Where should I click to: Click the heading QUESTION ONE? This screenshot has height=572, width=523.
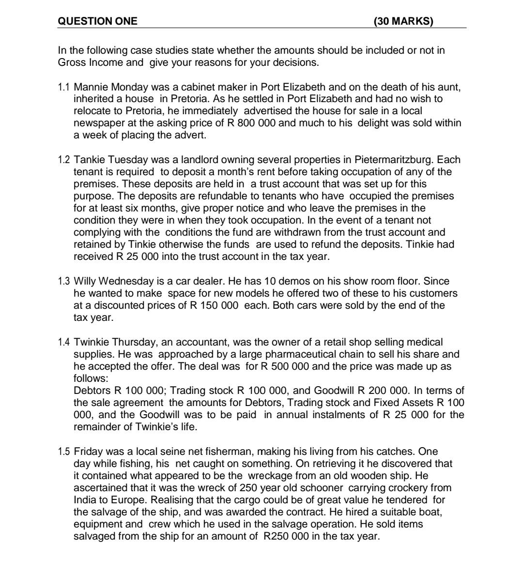click(x=97, y=21)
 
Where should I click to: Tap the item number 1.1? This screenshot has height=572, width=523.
click(x=64, y=88)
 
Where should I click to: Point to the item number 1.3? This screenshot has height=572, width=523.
click(x=64, y=282)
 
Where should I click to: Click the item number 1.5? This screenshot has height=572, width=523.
click(x=64, y=452)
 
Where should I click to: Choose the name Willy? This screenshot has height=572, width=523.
click(x=86, y=282)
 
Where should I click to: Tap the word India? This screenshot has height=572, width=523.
click(x=84, y=500)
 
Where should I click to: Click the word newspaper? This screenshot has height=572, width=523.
click(x=96, y=123)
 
